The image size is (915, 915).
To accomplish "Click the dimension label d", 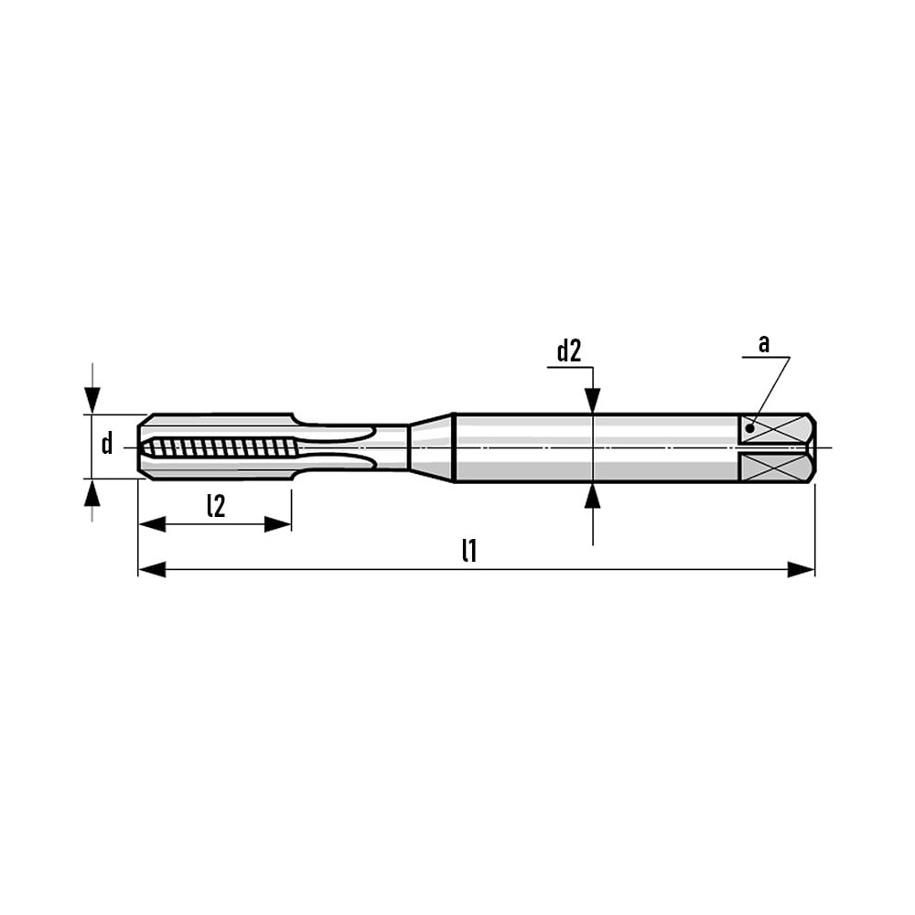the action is (x=107, y=444).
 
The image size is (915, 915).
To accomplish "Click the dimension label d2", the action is (x=569, y=352).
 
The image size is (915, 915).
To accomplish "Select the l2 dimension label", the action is (x=216, y=506).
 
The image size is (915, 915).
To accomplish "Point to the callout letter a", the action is (x=764, y=344).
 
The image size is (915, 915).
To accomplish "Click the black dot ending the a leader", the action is (x=750, y=429).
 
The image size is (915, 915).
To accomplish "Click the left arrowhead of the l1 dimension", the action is (x=152, y=569).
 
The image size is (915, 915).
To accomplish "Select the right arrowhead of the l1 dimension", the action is (x=802, y=569).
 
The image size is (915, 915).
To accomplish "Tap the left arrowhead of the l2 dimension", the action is (x=152, y=524).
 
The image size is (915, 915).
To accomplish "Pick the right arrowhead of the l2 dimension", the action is (x=278, y=524).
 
